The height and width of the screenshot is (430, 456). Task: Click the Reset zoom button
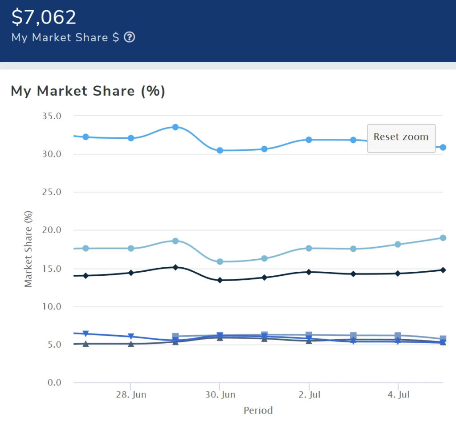(401, 137)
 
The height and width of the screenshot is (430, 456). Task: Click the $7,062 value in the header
(44, 17)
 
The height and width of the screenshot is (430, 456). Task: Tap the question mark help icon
(129, 37)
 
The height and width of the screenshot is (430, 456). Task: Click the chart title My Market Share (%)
(88, 91)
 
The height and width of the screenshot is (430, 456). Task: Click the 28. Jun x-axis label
(130, 395)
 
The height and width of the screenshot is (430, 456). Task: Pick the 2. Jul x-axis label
(309, 395)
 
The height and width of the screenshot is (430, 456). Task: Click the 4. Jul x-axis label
(398, 395)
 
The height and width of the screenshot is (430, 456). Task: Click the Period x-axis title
(258, 410)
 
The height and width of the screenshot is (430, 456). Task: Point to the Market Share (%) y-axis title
(28, 249)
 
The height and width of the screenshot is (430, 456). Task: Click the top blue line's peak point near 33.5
(175, 127)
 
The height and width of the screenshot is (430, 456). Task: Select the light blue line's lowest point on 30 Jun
(220, 261)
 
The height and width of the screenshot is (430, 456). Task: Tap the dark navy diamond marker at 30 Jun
(220, 280)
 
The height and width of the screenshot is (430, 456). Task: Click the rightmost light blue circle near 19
(443, 238)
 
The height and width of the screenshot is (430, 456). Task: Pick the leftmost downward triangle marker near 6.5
(86, 334)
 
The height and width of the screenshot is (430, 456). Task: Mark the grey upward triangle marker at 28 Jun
(131, 344)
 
